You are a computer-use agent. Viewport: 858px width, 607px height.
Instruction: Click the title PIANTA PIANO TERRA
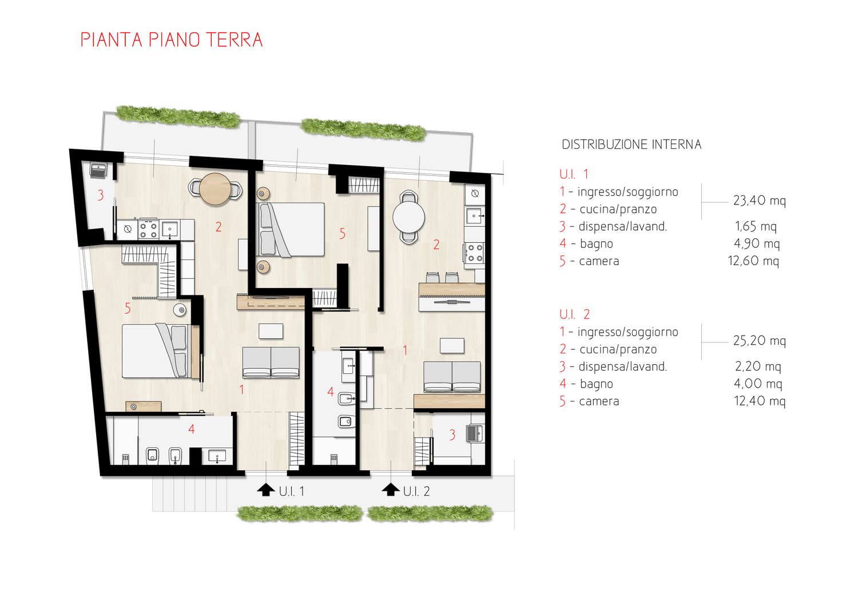pyautogui.click(x=172, y=40)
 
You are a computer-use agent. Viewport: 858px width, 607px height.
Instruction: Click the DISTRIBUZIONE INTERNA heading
pyautogui.click(x=631, y=144)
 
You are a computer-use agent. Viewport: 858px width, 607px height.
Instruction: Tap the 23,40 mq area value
pyautogui.click(x=759, y=200)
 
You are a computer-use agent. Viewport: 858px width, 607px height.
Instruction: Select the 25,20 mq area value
pyautogui.click(x=759, y=341)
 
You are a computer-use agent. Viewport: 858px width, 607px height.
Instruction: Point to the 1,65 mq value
pyautogui.click(x=756, y=226)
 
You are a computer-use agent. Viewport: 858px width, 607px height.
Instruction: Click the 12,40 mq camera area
pyautogui.click(x=760, y=401)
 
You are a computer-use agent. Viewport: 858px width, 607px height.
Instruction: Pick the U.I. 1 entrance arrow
pyautogui.click(x=266, y=490)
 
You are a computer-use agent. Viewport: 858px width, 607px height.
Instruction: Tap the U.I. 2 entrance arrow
pyautogui.click(x=391, y=490)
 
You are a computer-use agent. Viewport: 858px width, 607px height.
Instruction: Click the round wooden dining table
pyautogui.click(x=215, y=189)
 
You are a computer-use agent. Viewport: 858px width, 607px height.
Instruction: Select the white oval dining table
pyautogui.click(x=409, y=217)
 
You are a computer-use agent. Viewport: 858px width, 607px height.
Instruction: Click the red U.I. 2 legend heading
pyautogui.click(x=574, y=314)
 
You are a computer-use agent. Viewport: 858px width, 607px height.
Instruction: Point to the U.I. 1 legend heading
pyautogui.click(x=573, y=175)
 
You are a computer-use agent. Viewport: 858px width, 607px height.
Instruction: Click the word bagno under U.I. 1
pyautogui.click(x=597, y=244)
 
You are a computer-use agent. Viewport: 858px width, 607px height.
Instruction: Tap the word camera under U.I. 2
pyautogui.click(x=599, y=401)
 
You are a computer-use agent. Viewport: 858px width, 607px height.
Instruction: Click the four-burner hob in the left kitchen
pyautogui.click(x=148, y=229)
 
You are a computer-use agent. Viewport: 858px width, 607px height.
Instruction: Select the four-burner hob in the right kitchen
pyautogui.click(x=475, y=253)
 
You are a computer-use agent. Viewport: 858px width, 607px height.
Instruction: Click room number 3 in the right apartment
pyautogui.click(x=452, y=435)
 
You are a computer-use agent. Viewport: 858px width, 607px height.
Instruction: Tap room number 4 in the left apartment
pyautogui.click(x=192, y=429)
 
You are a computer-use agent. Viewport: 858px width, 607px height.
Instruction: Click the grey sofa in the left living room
pyautogui.click(x=271, y=362)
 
